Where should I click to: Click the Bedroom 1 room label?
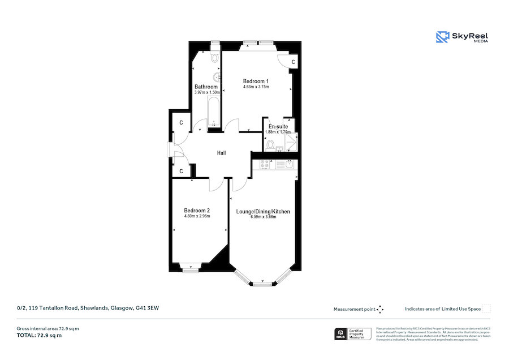[256, 81]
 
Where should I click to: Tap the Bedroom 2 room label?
[197, 211]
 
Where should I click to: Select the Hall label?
[222, 153]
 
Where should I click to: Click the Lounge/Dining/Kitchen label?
[263, 212]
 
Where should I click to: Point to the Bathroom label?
[206, 87]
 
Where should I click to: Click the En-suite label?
[278, 126]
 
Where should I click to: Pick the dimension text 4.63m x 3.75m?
[256, 87]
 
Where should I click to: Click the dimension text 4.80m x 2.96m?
[197, 216]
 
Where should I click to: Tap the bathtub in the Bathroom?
[213, 112]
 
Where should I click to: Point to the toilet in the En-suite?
[271, 145]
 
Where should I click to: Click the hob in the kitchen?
[265, 164]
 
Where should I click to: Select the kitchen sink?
[288, 164]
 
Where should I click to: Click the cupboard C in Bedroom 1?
[293, 62]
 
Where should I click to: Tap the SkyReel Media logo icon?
[442, 37]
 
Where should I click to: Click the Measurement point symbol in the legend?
[380, 309]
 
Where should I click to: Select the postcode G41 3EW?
[147, 308]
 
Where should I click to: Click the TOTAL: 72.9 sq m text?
[40, 336]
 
